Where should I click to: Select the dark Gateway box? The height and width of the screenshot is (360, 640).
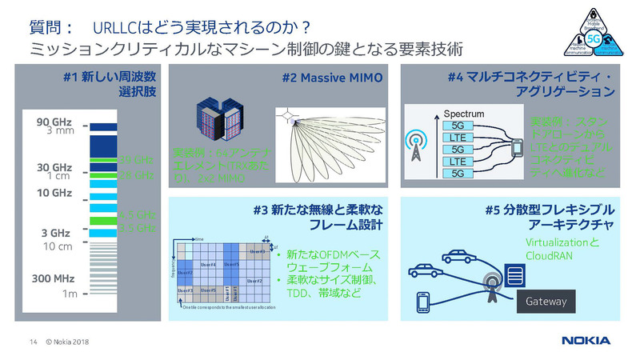pos(546,302)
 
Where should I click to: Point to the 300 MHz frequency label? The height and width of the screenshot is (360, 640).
pos(54,279)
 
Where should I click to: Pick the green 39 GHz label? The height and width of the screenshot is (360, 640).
pos(134,160)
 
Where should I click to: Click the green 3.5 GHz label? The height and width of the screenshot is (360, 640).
pos(134,215)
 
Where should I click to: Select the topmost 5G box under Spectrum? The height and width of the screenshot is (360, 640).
pos(458,126)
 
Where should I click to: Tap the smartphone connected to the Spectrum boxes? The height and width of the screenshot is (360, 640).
pos(517,148)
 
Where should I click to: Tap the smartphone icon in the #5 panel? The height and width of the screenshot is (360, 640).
pos(422,304)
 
